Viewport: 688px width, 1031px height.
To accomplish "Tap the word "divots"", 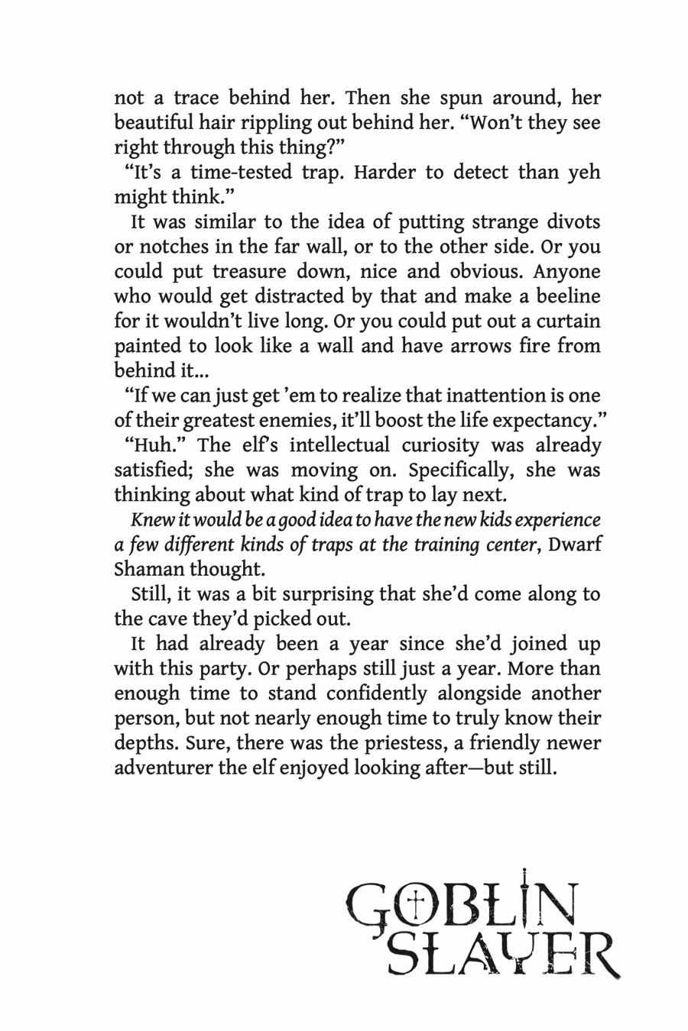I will pyautogui.click(x=567, y=222).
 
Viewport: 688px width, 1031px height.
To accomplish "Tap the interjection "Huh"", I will pyautogui.click(x=157, y=445).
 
